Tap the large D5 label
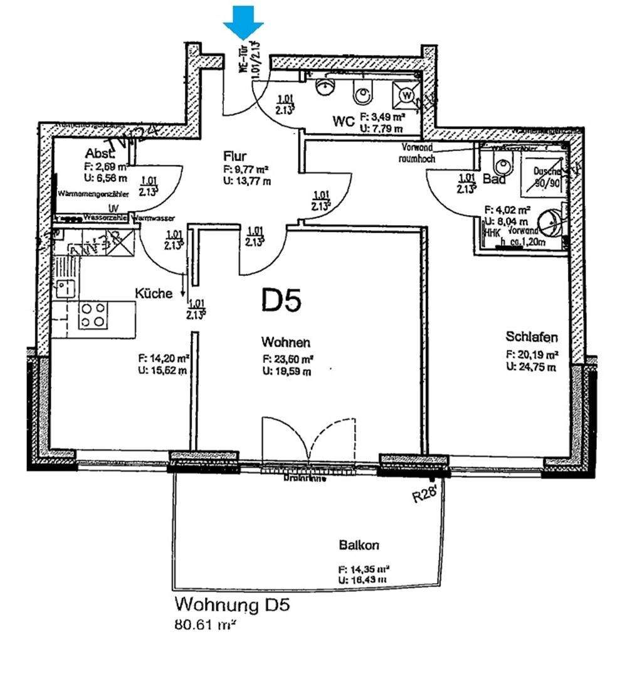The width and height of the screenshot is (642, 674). pos(282,301)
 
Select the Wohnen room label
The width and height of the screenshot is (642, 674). pos(286,342)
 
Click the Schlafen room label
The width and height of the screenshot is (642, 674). pos(532,337)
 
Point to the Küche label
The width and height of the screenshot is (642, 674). pos(154,293)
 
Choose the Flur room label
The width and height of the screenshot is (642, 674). pos(235,156)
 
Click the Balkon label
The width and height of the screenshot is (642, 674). pos(359,545)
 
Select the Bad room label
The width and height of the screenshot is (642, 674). pos(494,179)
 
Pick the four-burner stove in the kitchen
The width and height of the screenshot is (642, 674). pos(92,315)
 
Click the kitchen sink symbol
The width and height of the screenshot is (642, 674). pos(64,288)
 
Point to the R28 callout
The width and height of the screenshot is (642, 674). pos(424,495)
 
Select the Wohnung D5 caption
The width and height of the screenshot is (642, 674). pos(232,606)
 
